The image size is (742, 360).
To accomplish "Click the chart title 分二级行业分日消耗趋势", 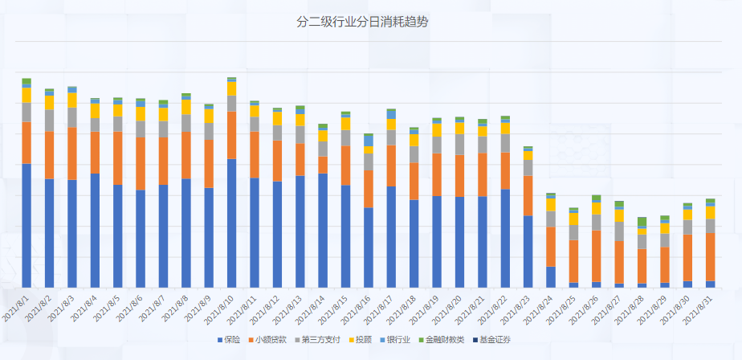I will click(362, 22).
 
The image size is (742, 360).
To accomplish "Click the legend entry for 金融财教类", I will click(441, 340).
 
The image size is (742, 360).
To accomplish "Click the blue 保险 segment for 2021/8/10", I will click(231, 223).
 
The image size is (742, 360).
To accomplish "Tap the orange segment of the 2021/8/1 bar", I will click(26, 142).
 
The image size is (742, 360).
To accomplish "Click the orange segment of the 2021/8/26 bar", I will click(596, 256).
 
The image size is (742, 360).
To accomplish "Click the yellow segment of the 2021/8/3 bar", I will click(72, 100).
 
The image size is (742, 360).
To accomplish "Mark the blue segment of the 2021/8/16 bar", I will click(369, 247).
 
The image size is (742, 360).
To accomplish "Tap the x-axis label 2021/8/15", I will click(334, 308).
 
